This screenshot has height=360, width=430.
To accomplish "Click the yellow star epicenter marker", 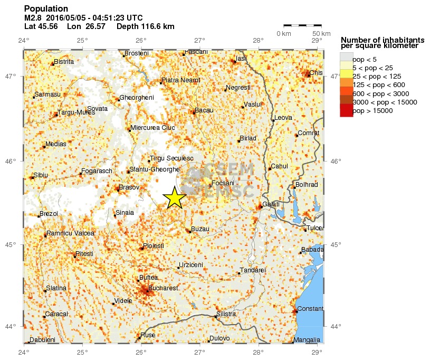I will point(175,198).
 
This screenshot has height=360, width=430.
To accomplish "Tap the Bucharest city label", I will point(163,288).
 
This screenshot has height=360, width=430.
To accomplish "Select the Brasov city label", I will point(129,187).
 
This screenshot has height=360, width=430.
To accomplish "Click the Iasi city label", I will point(241,58).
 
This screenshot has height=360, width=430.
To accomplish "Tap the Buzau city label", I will point(200,229).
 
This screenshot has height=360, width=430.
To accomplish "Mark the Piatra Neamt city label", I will point(181,80).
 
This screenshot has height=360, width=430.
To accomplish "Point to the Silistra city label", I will point(227,314).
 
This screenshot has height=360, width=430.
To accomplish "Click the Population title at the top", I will point(46,9).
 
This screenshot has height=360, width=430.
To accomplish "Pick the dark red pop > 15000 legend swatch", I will point(346,110).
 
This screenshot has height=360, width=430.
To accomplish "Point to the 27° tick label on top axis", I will point(199,41).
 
